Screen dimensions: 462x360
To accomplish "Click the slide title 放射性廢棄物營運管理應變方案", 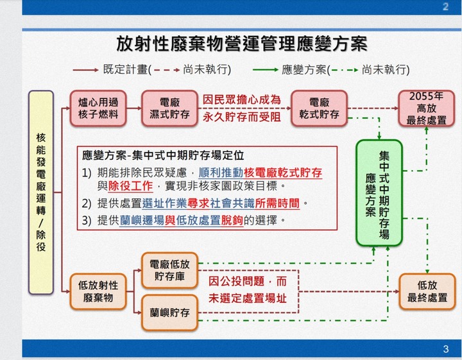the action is click(242, 44).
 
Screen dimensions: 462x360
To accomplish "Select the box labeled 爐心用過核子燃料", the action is click(98, 108).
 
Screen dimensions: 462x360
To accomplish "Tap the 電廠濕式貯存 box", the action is click(169, 108).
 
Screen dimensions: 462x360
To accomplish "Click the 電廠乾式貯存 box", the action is click(319, 108).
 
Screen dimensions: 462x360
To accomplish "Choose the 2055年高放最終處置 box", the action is click(426, 108).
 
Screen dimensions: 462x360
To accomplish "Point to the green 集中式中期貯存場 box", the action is click(379, 193).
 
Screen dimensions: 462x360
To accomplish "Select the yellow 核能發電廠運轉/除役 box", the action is click(41, 193).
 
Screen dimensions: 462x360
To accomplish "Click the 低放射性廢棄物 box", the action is click(98, 291).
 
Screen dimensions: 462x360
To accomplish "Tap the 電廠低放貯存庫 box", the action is click(169, 270).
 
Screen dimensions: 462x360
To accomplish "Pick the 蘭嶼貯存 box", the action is click(169, 313).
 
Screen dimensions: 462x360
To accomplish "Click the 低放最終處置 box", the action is click(427, 291).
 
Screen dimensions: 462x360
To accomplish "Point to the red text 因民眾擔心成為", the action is click(242, 100).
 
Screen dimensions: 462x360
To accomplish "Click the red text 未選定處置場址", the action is click(248, 298).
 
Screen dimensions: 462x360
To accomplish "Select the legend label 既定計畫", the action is click(125, 69).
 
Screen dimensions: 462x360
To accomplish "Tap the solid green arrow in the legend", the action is click(265, 70).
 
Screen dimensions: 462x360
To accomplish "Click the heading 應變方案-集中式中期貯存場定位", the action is click(163, 155).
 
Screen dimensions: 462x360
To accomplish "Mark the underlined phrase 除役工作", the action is click(130, 186).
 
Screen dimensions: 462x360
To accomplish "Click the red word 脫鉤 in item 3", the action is click(232, 220).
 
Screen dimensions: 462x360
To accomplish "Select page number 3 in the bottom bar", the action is click(445, 349).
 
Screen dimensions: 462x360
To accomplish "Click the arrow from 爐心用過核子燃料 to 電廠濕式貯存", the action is click(134, 108).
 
